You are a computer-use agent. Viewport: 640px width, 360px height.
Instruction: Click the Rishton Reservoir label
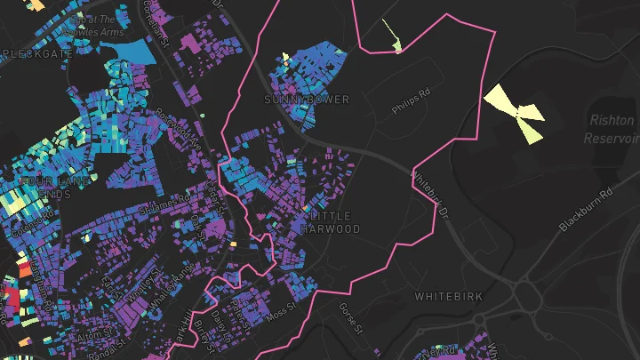(612, 128)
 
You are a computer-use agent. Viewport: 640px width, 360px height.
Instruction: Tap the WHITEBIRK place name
(449, 296)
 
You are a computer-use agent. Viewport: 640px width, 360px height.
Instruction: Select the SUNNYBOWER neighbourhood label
(307, 100)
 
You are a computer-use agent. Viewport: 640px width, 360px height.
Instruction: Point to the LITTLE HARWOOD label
(332, 222)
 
